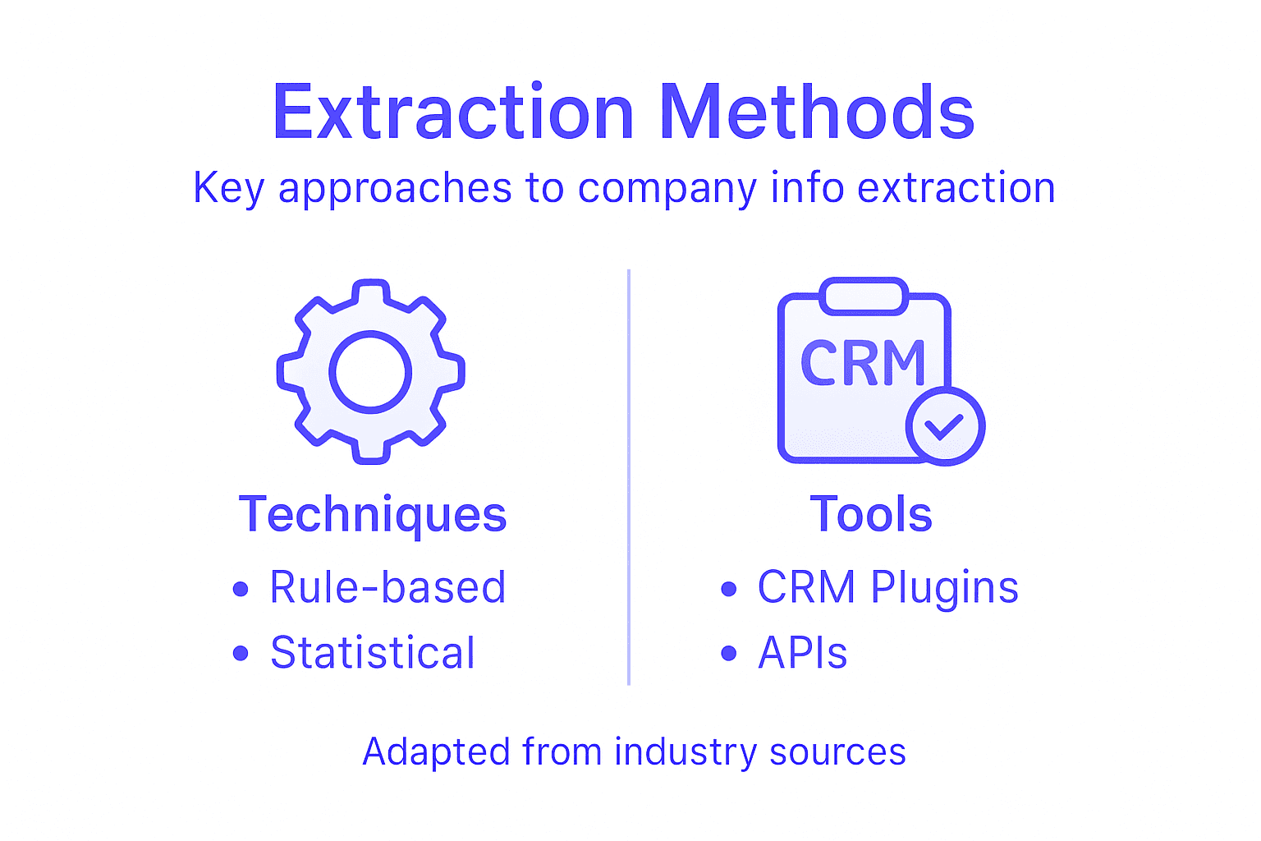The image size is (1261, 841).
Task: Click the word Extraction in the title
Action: (453, 113)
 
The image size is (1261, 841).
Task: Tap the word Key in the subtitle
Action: (228, 188)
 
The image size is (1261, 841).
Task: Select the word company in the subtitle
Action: (667, 189)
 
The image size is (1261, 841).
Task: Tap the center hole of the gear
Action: (370, 371)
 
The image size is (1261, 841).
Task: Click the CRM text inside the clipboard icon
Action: (863, 363)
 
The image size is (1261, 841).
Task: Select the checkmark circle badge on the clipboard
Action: (945, 426)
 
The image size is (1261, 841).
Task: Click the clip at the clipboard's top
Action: (864, 296)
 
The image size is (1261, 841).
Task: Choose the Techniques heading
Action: (373, 515)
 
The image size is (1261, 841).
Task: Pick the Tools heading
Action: (871, 515)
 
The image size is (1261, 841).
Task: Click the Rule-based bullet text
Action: (387, 588)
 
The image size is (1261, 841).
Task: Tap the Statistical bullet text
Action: (373, 654)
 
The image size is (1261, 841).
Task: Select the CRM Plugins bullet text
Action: (887, 588)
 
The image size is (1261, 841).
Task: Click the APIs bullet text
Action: (802, 654)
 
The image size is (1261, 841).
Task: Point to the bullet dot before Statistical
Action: (241, 654)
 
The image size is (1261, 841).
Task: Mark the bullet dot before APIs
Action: (728, 654)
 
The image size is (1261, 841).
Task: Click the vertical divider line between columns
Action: (629, 476)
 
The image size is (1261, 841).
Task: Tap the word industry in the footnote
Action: (686, 752)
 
